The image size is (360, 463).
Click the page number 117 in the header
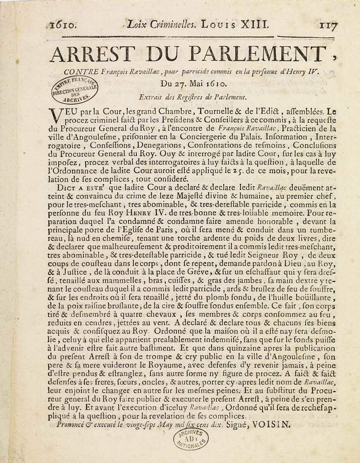click(x=328, y=25)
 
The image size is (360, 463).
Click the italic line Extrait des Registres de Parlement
click(x=193, y=98)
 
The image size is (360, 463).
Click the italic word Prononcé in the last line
click(x=73, y=424)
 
